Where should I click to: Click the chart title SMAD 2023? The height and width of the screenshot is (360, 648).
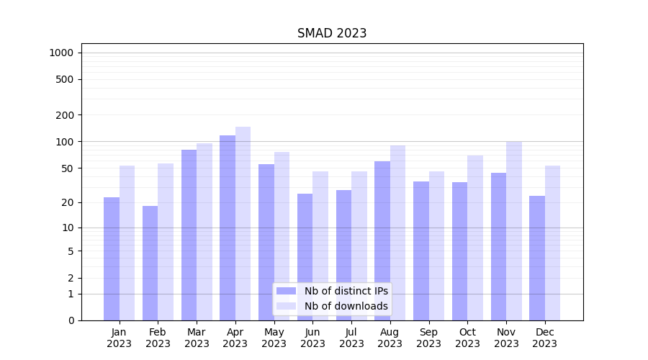(332, 33)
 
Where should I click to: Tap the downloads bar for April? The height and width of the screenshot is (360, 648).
(243, 223)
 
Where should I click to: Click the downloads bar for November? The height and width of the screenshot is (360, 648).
(514, 230)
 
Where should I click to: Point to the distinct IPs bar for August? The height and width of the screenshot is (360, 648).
(382, 240)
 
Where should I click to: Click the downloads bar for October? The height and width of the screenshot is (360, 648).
(475, 238)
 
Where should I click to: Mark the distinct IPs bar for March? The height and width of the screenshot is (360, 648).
(189, 235)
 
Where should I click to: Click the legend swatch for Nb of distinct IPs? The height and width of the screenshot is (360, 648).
(286, 291)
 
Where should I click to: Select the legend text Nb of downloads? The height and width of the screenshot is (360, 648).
(346, 306)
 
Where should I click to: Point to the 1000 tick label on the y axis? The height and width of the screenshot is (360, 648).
(61, 53)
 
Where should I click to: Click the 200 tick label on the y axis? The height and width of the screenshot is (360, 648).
(65, 115)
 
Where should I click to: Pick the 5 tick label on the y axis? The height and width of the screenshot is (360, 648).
(71, 251)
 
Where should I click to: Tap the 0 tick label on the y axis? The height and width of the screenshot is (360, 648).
(71, 320)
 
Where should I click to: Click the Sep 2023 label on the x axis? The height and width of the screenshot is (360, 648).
(428, 338)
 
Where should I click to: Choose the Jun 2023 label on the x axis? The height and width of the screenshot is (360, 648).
(312, 338)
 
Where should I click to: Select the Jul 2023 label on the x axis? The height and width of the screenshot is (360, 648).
(351, 338)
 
